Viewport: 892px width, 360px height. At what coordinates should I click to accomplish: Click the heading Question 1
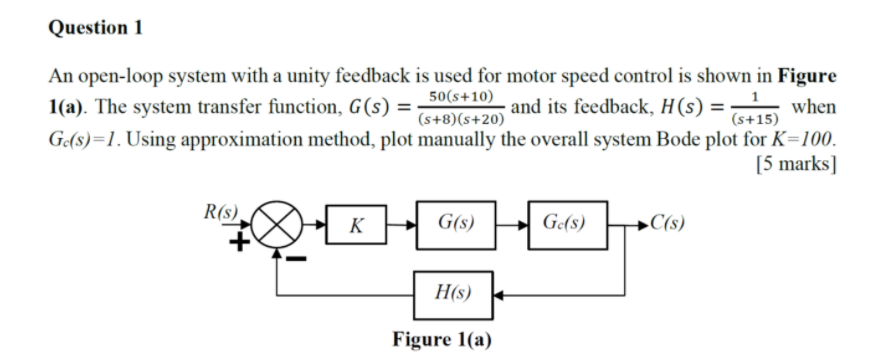[96, 28]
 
